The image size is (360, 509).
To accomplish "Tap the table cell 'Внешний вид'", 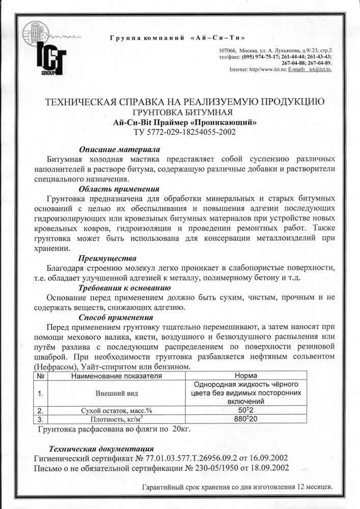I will [117, 393].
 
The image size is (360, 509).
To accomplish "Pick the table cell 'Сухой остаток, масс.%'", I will [117, 410].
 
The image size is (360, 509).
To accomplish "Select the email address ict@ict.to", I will [320, 69].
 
